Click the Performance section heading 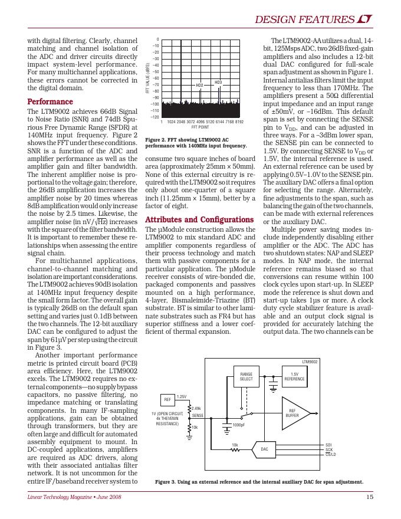pos(51,101)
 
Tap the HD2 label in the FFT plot pos(199,86)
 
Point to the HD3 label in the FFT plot pos(218,82)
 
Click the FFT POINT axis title pos(200,127)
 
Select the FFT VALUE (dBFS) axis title pos(147,78)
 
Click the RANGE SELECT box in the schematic pos(246,376)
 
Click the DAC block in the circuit pos(264,450)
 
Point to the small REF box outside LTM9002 pos(167,400)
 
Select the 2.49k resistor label pos(197,408)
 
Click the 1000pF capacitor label pos(239,425)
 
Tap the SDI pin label pos(329,445)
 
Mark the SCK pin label pos(329,449)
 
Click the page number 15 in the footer pos(369,497)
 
